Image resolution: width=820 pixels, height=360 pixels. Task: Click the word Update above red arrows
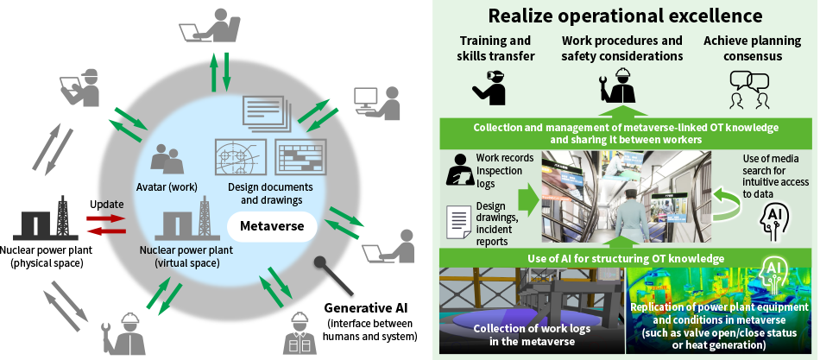pyautogui.click(x=107, y=204)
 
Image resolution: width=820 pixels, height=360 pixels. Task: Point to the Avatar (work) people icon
pyautogui.click(x=167, y=158)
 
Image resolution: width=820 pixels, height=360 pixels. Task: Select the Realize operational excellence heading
pyautogui.click(x=626, y=15)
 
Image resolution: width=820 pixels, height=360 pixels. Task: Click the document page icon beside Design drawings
pyautogui.click(x=457, y=223)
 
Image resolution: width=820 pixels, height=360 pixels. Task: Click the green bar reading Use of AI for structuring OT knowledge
pyautogui.click(x=627, y=258)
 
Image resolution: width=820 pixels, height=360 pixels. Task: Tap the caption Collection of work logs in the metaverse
pyautogui.click(x=528, y=334)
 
